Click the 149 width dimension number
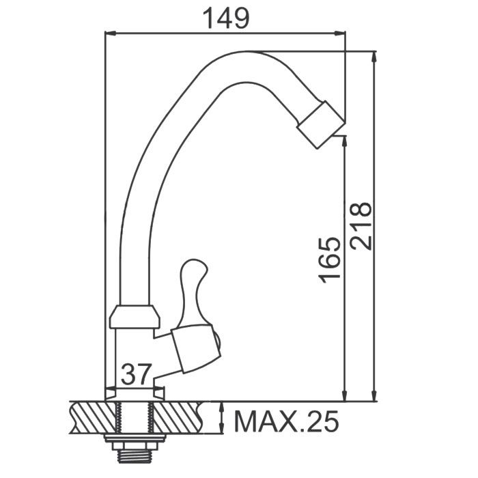(x=225, y=18)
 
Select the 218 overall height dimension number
(x=361, y=226)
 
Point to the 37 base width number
(x=136, y=374)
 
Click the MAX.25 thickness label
(x=287, y=421)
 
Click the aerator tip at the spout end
(x=321, y=124)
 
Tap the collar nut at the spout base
(x=135, y=316)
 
